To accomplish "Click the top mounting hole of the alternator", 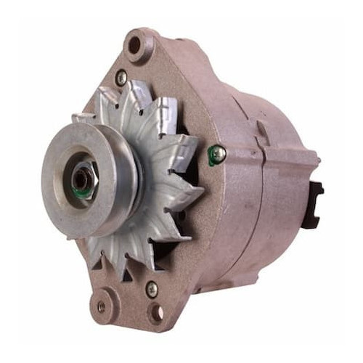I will (134, 45).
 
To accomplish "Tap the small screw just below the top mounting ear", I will (121, 76).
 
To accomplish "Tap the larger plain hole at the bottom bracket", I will (155, 313).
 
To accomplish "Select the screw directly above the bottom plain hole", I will (152, 288).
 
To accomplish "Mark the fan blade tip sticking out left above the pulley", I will (82, 118).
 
